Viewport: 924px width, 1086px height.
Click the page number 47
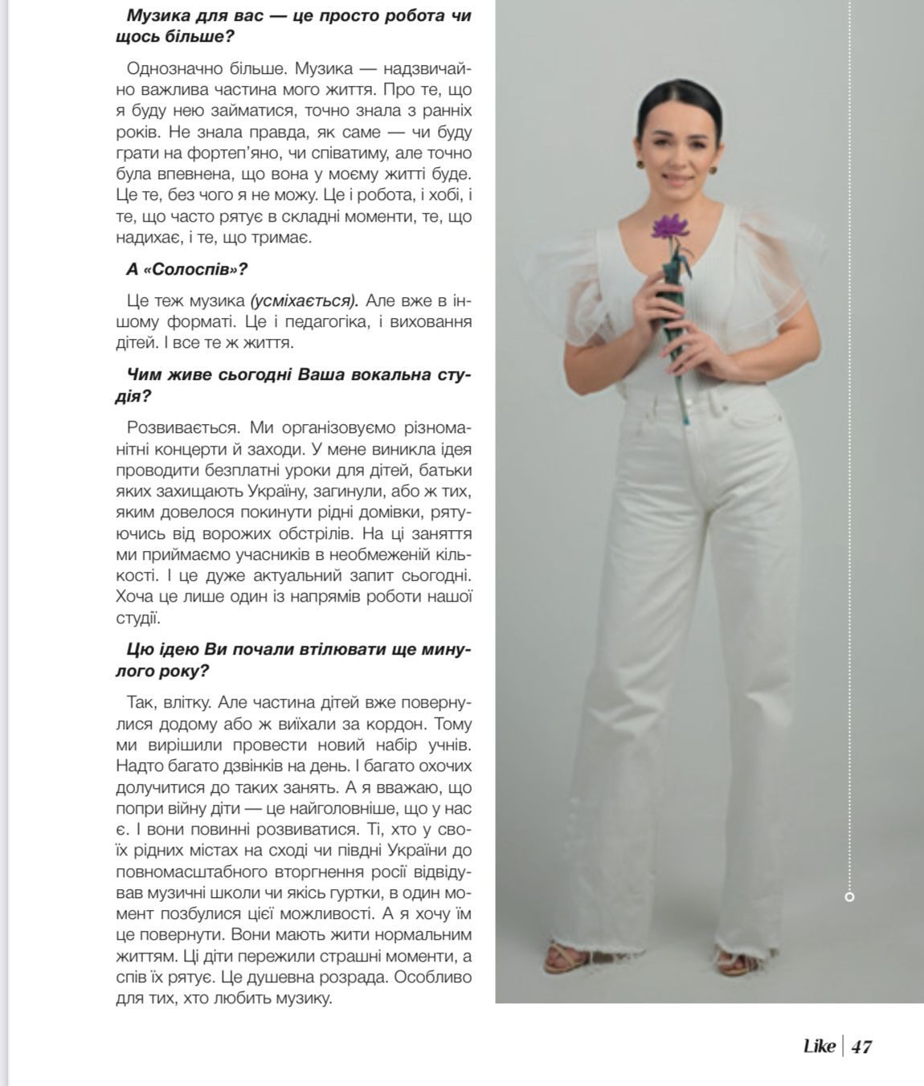click(861, 1047)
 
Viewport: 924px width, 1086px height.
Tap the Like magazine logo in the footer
click(820, 1046)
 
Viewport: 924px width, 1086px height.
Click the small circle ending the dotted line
click(850, 896)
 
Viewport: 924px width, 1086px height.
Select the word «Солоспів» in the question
click(191, 269)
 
